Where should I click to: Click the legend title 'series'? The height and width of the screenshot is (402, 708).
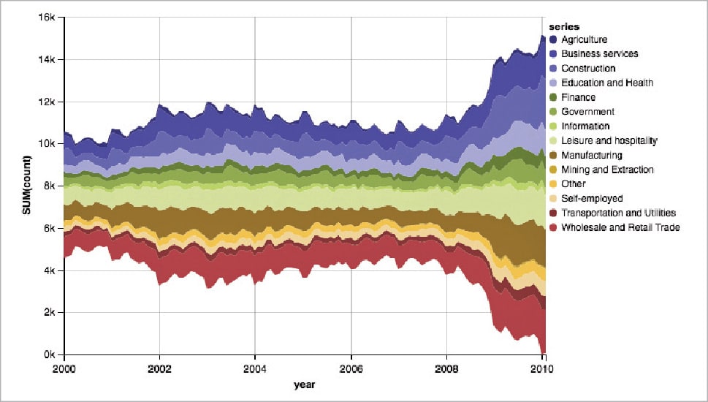(564, 27)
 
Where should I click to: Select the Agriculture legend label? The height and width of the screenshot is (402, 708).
(589, 39)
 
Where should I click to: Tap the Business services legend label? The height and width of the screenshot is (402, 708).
(604, 54)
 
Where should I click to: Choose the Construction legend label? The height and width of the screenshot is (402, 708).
(593, 69)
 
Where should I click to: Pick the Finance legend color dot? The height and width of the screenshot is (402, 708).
(554, 97)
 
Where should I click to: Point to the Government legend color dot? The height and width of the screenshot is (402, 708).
(554, 112)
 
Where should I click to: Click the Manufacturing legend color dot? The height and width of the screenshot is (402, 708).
(554, 155)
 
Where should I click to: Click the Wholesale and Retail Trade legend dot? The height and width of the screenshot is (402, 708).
(554, 228)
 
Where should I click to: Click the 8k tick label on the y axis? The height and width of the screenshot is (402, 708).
(50, 186)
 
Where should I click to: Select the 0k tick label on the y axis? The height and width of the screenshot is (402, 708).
(50, 355)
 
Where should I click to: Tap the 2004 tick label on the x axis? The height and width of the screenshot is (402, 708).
(255, 369)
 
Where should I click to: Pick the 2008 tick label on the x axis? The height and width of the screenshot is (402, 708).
(447, 369)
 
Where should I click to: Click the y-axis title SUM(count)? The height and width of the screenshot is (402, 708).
(26, 186)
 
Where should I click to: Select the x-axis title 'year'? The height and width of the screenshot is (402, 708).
(304, 384)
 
